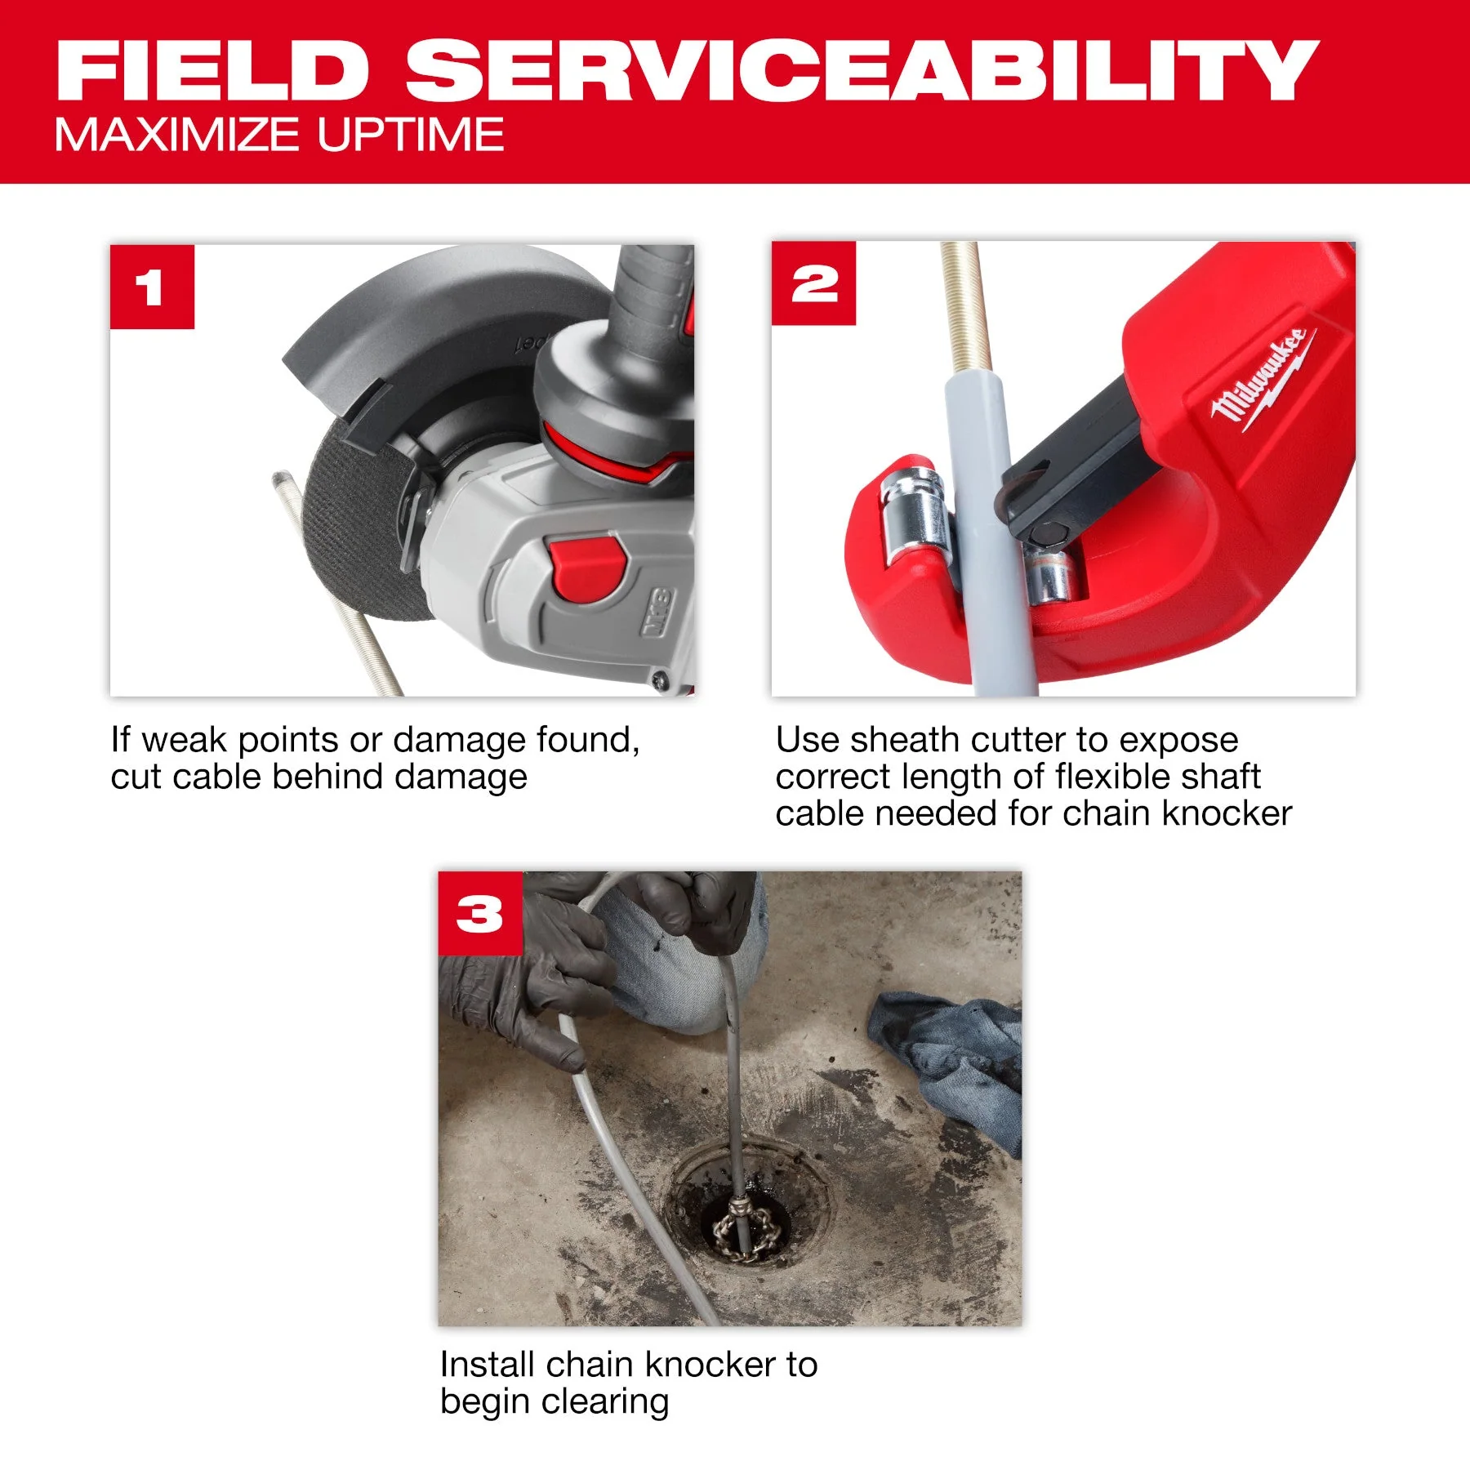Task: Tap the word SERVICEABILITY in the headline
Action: (x=862, y=71)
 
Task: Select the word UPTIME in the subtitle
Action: (x=411, y=135)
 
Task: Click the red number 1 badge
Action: (x=152, y=287)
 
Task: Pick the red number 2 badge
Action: (x=813, y=283)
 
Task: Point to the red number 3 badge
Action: (x=480, y=913)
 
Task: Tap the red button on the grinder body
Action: (x=587, y=568)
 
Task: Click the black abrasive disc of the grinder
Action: (x=363, y=523)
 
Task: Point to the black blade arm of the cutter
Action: (x=1078, y=465)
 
